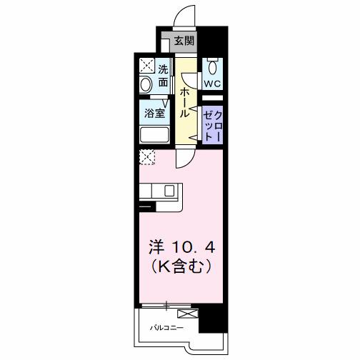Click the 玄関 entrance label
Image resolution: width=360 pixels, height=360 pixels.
[185, 41]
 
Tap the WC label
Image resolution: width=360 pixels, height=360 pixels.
[212, 84]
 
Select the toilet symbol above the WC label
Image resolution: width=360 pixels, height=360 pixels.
[212, 68]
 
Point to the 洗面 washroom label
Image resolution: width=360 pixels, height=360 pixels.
[164, 76]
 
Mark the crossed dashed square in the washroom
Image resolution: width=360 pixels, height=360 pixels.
[146, 66]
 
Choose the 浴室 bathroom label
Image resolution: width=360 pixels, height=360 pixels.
[155, 113]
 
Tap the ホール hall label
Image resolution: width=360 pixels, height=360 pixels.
[185, 102]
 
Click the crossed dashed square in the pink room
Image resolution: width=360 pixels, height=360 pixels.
[146, 157]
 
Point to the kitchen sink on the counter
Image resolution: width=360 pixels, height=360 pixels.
[169, 191]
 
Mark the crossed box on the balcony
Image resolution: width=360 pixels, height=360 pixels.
[187, 314]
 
